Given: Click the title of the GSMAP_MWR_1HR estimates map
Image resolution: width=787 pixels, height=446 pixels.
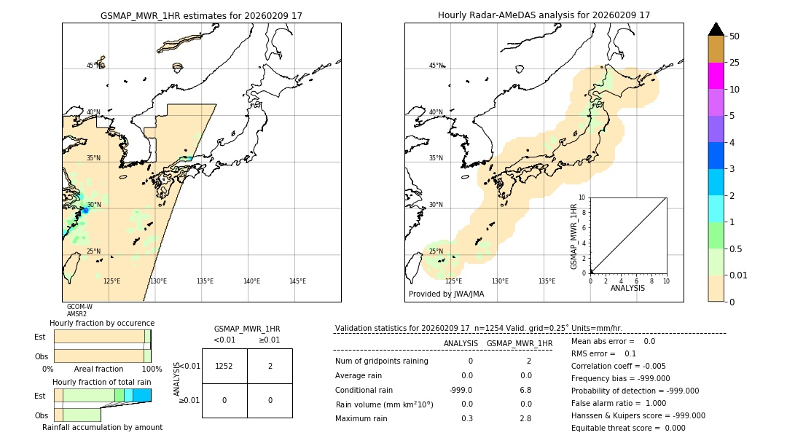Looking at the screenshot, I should click(x=201, y=15).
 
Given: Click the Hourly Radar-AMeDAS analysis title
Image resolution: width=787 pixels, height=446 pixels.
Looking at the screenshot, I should click(x=544, y=15).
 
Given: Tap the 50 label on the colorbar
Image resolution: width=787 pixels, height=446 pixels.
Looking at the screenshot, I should click(x=735, y=36).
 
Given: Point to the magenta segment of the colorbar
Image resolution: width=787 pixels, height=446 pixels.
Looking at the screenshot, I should click(x=716, y=76).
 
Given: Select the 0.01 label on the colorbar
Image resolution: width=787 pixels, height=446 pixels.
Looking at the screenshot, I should click(x=739, y=275).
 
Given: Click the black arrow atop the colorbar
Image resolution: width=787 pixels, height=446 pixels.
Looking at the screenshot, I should click(x=716, y=29).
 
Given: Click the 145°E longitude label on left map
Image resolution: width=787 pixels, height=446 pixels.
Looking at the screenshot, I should click(x=297, y=281).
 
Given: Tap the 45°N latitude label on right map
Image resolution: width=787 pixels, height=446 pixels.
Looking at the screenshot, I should click(x=435, y=66).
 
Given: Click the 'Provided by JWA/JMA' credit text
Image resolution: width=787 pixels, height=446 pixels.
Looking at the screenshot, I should click(x=446, y=294).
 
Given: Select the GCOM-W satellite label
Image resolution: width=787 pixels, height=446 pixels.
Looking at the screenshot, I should click(x=79, y=307).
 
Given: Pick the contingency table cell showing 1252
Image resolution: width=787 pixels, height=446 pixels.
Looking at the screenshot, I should click(x=224, y=366).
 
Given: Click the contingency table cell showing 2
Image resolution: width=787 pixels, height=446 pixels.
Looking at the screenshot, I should click(x=270, y=366).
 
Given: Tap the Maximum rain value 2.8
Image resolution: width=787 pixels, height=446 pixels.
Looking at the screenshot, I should click(x=525, y=418).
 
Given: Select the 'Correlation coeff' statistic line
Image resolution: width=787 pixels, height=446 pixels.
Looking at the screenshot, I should click(x=618, y=366).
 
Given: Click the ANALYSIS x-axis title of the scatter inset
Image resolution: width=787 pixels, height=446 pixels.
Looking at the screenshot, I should click(x=627, y=288).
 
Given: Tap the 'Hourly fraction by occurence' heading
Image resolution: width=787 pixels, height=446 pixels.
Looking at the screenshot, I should click(x=102, y=323).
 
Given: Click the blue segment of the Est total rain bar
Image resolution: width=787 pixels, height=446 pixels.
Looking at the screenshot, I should click(x=142, y=395).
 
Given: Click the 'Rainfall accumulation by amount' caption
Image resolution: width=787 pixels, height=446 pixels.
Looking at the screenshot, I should click(x=102, y=427).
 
